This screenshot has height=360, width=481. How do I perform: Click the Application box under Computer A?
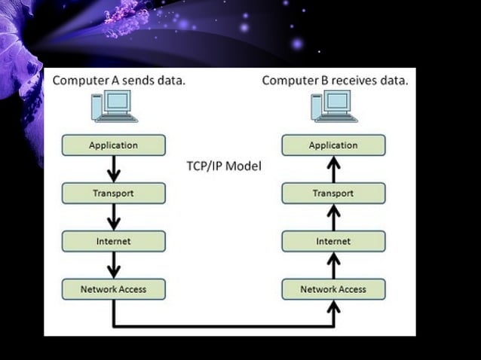click(x=113, y=145)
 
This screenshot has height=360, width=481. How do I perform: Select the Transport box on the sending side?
click(x=113, y=194)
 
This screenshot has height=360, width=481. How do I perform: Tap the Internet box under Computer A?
click(x=113, y=242)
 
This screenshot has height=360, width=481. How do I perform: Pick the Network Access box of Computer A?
click(x=113, y=289)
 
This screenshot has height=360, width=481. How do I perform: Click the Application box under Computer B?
click(x=333, y=145)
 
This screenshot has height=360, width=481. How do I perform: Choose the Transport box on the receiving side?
click(x=333, y=194)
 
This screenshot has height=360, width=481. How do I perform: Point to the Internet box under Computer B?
click(x=333, y=242)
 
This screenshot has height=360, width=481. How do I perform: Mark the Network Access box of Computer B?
click(x=333, y=289)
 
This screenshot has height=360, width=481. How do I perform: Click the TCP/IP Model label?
click(x=223, y=166)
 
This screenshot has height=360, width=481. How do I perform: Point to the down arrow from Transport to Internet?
click(x=113, y=218)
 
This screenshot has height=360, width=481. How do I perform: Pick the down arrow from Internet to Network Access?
click(x=113, y=265)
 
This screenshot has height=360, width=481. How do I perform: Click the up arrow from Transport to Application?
click(x=333, y=169)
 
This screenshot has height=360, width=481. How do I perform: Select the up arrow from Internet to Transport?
click(x=333, y=218)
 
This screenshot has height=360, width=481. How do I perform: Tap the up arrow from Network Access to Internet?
click(x=333, y=265)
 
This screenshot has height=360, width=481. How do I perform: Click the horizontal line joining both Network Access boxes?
click(x=223, y=326)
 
